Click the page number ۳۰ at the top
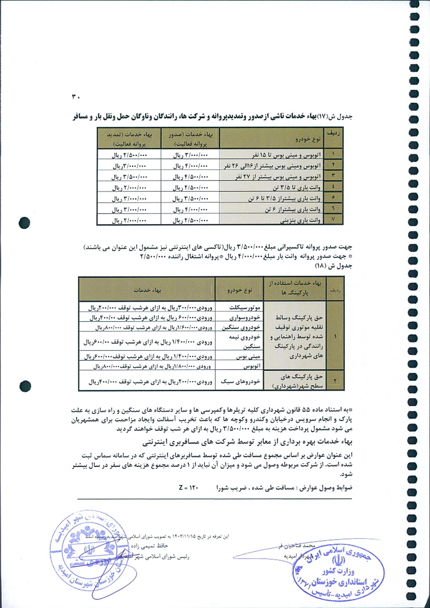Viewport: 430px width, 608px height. tap(76, 97)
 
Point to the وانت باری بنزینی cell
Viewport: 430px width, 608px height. tap(300, 220)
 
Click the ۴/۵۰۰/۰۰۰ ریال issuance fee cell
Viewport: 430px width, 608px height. tap(191, 177)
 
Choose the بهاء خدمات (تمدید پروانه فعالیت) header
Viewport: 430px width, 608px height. tap(129, 139)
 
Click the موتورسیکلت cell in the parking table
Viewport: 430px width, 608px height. tap(245, 307)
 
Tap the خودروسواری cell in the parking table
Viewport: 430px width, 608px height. tap(245, 317)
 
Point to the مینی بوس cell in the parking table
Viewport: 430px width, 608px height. tap(248, 357)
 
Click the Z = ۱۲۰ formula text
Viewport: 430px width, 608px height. tap(188, 488)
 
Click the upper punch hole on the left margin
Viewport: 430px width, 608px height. tap(25, 222)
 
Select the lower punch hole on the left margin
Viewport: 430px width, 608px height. tap(25, 385)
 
